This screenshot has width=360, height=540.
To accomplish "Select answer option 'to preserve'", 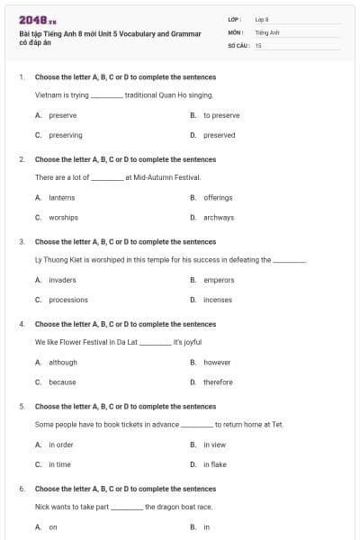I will pyautogui.click(x=221, y=115).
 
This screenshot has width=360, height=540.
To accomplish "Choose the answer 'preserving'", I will pyautogui.click(x=66, y=135).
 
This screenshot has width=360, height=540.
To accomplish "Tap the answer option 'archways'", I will pyautogui.click(x=219, y=217).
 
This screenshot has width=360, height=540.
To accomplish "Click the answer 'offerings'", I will pyautogui.click(x=218, y=197).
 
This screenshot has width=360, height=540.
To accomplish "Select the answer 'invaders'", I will pyautogui.click(x=62, y=280).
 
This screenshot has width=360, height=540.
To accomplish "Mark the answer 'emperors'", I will pyautogui.click(x=219, y=280).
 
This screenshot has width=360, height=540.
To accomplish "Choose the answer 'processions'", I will pyautogui.click(x=68, y=300).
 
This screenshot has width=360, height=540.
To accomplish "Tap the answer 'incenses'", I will pyautogui.click(x=218, y=300).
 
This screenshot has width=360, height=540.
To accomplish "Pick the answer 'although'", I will pyautogui.click(x=63, y=362).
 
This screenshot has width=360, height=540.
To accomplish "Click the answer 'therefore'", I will pyautogui.click(x=218, y=382).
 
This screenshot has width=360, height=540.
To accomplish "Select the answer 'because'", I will pyautogui.click(x=62, y=382).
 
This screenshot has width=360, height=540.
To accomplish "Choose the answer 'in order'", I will pyautogui.click(x=61, y=445).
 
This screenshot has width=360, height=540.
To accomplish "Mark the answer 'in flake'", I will pyautogui.click(x=215, y=464).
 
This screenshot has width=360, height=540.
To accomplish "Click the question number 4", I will pyautogui.click(x=21, y=324).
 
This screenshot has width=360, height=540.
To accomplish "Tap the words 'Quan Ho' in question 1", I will pyautogui.click(x=170, y=94).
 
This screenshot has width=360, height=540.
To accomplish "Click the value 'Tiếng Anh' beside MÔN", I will pyautogui.click(x=267, y=31).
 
